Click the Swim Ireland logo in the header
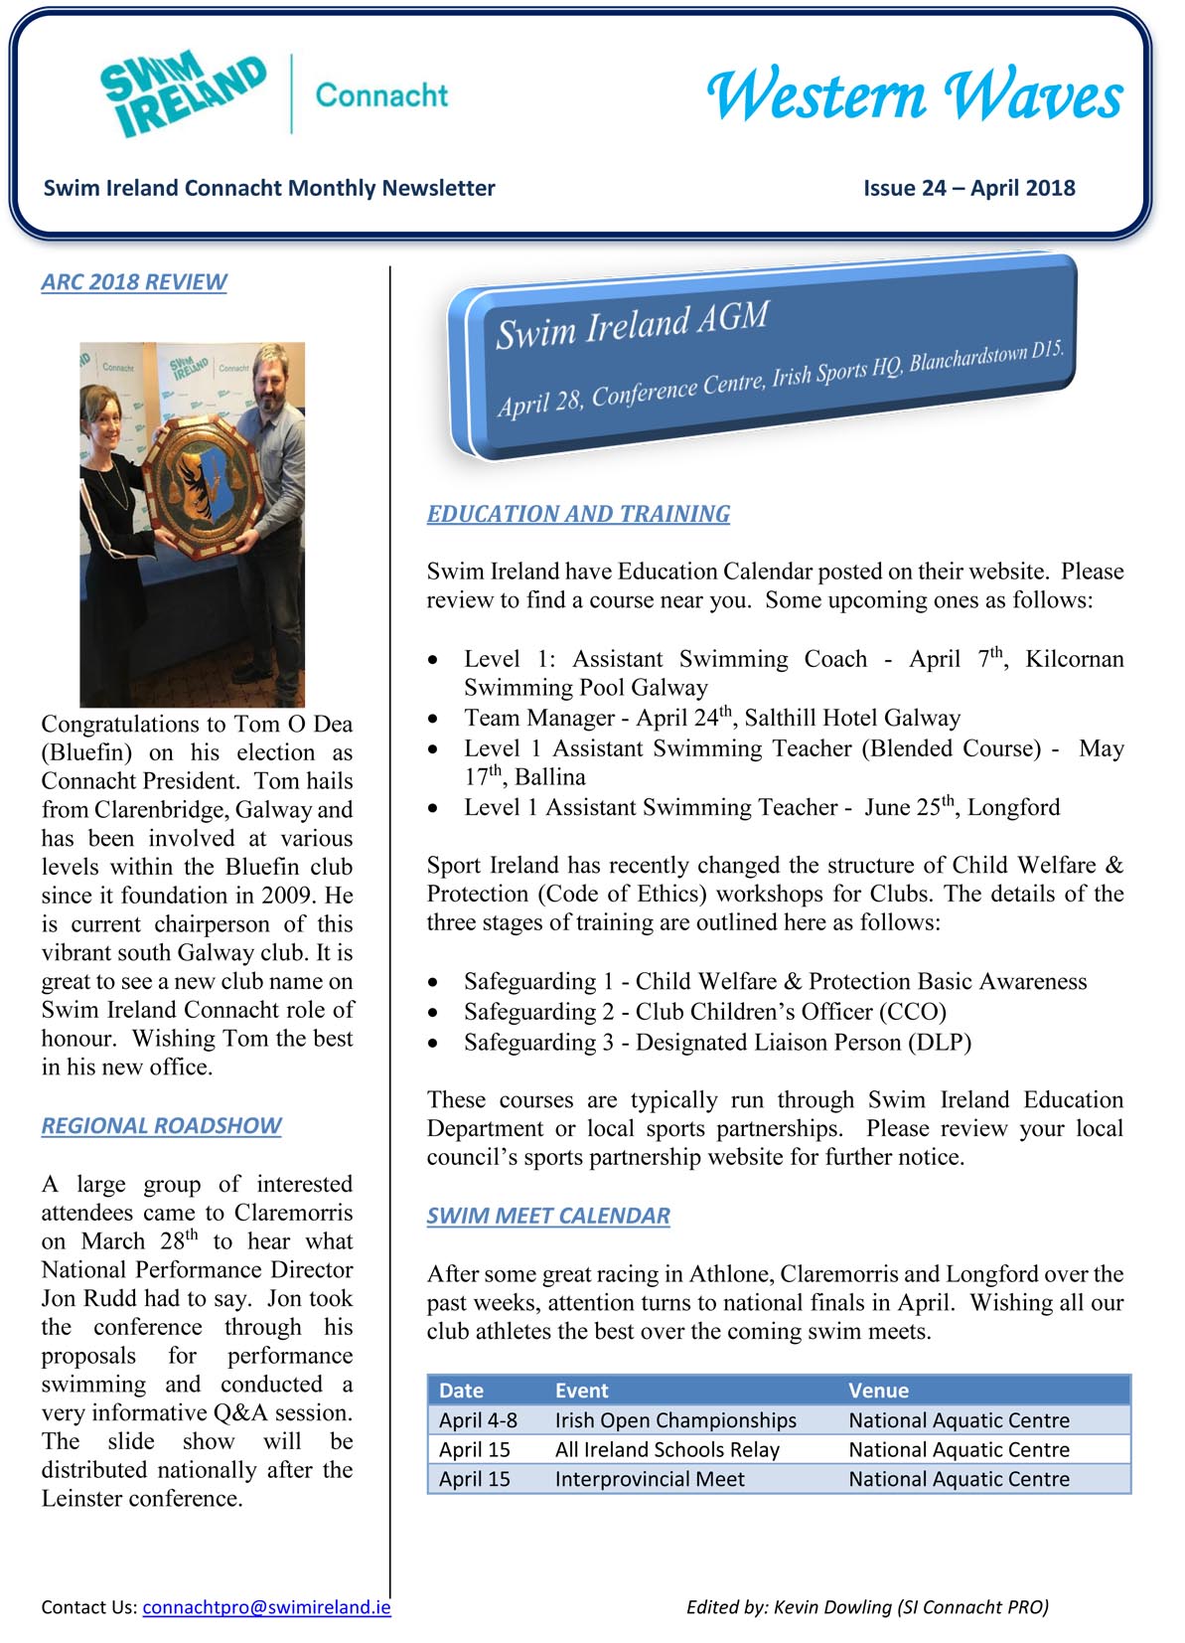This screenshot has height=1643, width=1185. pos(184,93)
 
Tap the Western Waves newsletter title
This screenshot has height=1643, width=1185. pos(914,96)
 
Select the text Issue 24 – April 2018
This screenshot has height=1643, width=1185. pos(968,188)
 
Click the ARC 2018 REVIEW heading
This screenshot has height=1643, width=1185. pos(134,282)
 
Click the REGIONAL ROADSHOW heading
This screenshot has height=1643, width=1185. pos(161,1125)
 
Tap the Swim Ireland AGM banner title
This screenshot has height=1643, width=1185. pos(633,325)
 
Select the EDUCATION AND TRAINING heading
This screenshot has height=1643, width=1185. pos(578,514)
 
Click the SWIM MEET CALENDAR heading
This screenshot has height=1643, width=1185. pos(548,1216)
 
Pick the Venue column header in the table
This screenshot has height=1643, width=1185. pos(878,1391)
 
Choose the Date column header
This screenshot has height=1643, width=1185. pos(461,1391)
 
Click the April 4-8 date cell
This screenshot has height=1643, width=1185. pos(478,1420)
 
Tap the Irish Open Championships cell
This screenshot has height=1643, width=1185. pos(675,1420)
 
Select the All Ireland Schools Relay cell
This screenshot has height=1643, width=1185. pos(667,1449)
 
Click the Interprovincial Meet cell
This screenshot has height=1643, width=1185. pos(649,1479)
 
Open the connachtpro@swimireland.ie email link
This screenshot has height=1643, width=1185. pos(266,1607)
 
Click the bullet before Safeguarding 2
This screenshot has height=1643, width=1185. pos(432,1013)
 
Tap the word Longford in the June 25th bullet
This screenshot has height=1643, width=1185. pos(1013,807)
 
